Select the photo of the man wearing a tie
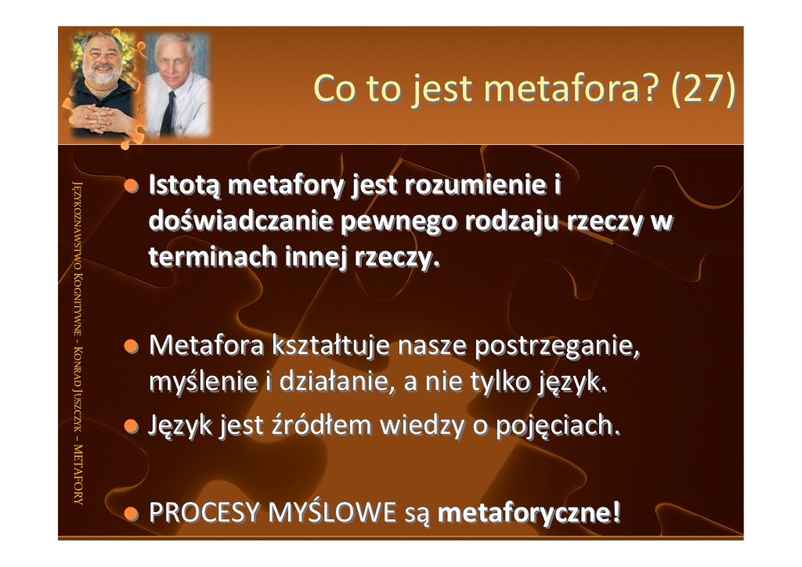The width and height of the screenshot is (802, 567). (x=179, y=85)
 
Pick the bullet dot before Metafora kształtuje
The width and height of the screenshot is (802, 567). (x=133, y=345)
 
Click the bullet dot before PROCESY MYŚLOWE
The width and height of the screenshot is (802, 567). (x=133, y=515)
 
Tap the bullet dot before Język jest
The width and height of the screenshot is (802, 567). (x=133, y=426)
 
